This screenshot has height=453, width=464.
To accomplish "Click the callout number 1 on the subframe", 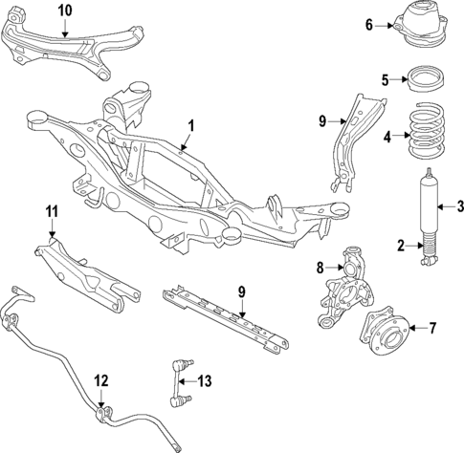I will [x=190, y=124].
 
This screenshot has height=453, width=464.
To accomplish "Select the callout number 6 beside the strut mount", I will [x=370, y=25].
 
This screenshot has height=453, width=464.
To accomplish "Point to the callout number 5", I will [x=386, y=80].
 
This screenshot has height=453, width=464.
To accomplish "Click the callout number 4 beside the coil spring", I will [x=387, y=137].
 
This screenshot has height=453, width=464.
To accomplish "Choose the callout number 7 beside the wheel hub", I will [x=431, y=330].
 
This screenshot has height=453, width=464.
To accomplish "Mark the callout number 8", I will [x=322, y=270].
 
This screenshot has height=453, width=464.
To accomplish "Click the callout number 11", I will [x=52, y=211].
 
